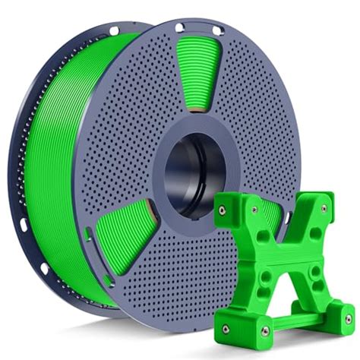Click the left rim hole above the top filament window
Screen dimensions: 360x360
[179, 28]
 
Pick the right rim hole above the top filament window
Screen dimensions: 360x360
[216, 33]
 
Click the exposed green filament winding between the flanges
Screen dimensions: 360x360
[61, 152]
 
